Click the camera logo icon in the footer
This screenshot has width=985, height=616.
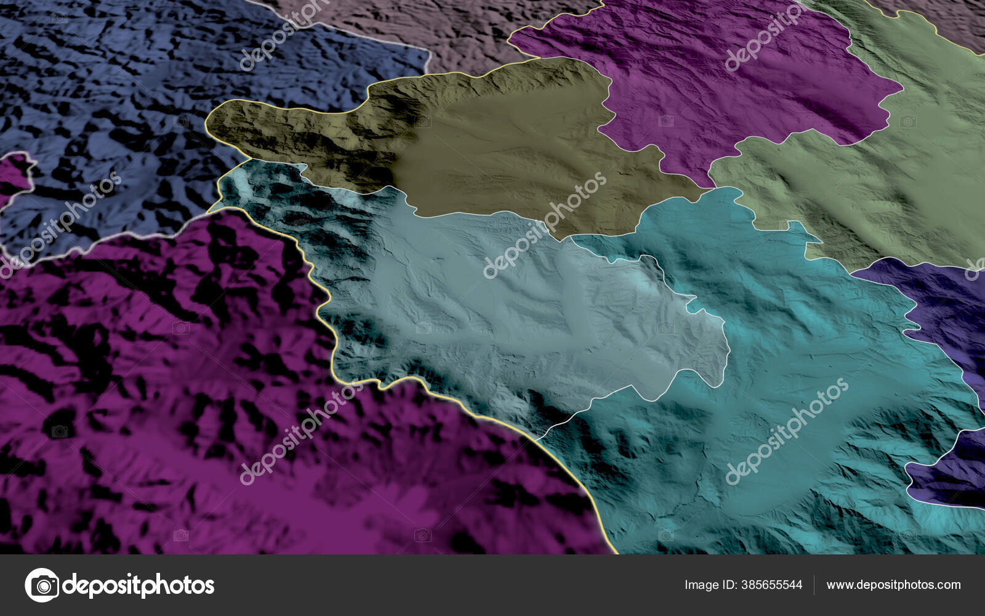[42, 585]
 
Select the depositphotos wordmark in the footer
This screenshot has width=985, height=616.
[139, 585]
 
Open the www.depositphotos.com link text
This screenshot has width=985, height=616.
[893, 585]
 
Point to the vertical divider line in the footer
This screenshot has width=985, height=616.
[814, 585]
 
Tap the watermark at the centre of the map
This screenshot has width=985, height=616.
[545, 225]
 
